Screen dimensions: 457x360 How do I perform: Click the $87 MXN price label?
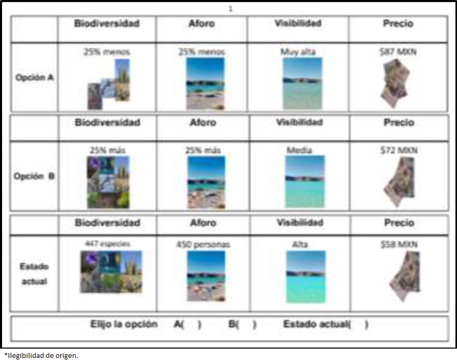(398, 51)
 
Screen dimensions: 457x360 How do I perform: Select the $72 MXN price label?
(399, 150)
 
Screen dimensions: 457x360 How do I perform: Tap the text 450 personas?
(203, 244)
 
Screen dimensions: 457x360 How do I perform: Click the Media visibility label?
(299, 150)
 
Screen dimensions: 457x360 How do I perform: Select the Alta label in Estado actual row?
(299, 244)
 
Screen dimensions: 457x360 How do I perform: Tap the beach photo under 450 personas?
(206, 275)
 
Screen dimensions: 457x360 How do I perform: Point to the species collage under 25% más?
(108, 182)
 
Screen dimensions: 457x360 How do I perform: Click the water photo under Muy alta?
(302, 83)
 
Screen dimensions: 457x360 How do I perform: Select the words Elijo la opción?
(124, 324)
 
